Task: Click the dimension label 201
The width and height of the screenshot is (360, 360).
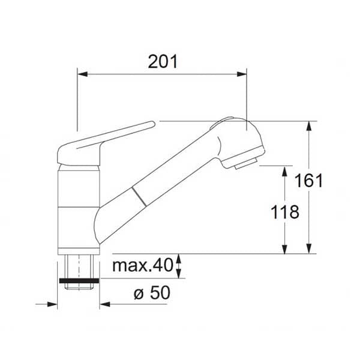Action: (x=163, y=62)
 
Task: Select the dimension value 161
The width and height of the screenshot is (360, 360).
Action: (x=308, y=181)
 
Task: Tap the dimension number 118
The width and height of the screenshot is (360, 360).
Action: (x=285, y=212)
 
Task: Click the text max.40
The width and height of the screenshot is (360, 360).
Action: (x=142, y=265)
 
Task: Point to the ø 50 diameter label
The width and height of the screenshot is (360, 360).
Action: (x=152, y=293)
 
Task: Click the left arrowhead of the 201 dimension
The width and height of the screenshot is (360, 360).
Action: (x=83, y=74)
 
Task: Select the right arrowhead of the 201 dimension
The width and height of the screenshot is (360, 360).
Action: (x=242, y=74)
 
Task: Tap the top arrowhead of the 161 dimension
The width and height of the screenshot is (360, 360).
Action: (x=309, y=126)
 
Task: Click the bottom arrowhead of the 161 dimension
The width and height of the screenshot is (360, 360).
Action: (x=309, y=248)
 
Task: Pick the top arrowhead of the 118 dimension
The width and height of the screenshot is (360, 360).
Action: (x=284, y=171)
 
